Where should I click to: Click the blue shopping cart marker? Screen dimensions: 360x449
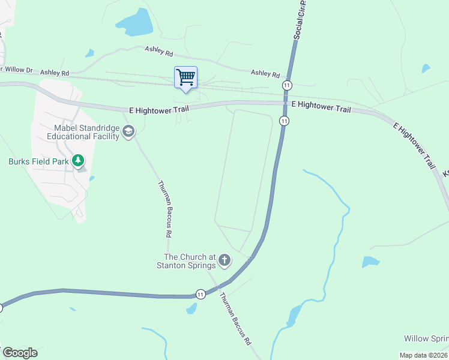point(185,77)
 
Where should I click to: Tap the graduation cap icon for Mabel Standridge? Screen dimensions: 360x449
point(128,131)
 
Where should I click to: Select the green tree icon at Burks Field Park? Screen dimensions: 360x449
point(77,161)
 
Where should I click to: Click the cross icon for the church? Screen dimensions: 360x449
point(224,260)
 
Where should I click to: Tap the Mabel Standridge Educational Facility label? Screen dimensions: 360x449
point(87,131)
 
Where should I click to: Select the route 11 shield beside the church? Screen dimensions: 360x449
point(200,294)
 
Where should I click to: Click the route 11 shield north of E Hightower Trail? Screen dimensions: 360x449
point(288,85)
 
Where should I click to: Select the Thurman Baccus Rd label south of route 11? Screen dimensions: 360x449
point(235,319)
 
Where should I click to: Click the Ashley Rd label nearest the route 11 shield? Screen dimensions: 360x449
point(265,73)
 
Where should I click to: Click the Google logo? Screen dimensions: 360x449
point(20,353)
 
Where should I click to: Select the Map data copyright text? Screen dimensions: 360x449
point(424,355)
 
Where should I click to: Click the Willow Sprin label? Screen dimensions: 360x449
point(426,339)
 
